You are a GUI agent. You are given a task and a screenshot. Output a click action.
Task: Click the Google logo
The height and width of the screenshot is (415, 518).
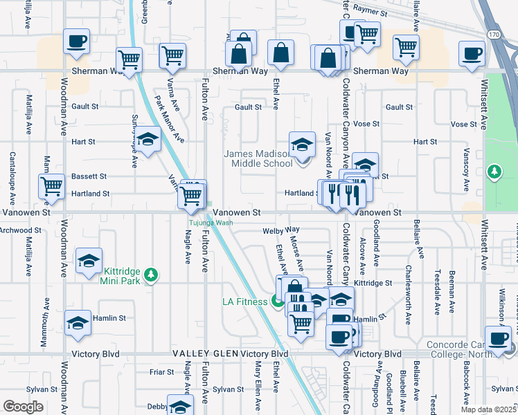23,407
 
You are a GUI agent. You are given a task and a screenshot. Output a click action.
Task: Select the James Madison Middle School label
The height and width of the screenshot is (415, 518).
258,158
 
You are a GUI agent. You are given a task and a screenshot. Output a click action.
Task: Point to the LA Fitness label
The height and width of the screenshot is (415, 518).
244,302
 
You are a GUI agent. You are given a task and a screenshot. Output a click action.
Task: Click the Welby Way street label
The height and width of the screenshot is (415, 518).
280,230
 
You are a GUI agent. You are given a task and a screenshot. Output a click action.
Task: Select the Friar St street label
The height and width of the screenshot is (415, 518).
161,371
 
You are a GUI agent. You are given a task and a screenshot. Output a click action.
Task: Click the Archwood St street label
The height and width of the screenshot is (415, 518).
21,230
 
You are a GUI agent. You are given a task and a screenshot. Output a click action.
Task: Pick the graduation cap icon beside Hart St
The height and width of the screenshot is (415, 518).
148,139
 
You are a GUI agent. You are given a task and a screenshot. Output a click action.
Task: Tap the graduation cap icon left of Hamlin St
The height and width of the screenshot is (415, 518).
78,322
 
